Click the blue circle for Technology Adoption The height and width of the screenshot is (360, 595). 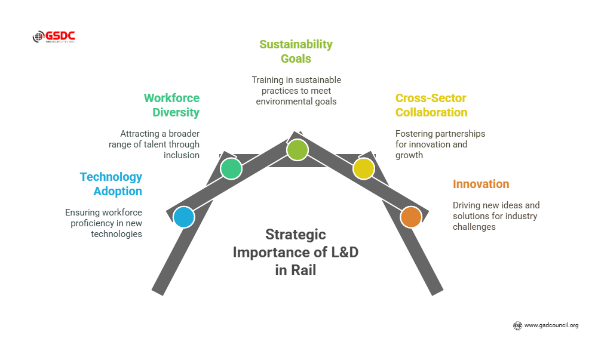(x=183, y=217)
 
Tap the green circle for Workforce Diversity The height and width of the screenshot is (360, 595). (x=231, y=168)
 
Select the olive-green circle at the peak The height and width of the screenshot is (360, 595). (x=297, y=150)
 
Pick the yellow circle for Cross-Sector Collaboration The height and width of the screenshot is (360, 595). (x=363, y=168)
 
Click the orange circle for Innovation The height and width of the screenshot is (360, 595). (x=410, y=217)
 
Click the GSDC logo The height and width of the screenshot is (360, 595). (x=54, y=36)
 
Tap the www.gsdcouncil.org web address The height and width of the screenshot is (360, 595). (x=551, y=325)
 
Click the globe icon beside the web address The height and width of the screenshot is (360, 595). (x=517, y=325)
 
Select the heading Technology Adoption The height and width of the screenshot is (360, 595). (x=111, y=184)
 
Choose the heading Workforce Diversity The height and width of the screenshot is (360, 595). (x=171, y=105)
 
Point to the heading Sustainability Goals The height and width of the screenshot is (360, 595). (x=296, y=51)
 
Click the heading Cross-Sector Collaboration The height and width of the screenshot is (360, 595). (x=431, y=105)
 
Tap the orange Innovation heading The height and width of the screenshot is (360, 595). (x=481, y=184)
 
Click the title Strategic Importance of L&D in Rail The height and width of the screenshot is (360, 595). (x=296, y=252)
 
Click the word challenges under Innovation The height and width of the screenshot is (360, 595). (x=474, y=227)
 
